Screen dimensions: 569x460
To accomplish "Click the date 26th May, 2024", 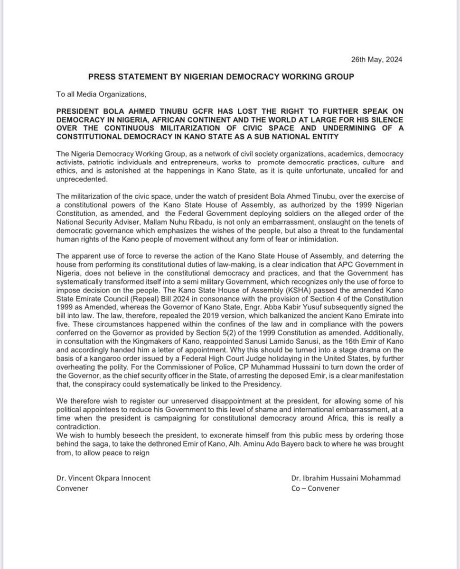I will [375, 60].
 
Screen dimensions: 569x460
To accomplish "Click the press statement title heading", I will [221, 76].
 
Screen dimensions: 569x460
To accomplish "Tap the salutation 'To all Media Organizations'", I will [99, 93].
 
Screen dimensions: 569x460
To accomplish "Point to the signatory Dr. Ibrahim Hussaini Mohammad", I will [346, 478].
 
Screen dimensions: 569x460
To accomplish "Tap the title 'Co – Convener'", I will [316, 488].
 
